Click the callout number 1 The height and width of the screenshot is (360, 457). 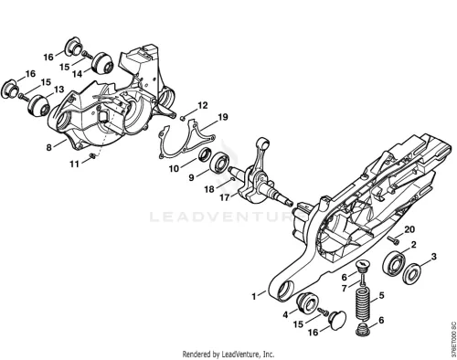254,296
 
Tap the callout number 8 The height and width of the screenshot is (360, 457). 49,147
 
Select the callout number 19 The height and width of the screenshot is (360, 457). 223,117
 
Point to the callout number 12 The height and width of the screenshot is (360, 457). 203,105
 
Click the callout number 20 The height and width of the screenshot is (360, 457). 409,229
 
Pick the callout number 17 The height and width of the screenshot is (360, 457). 225,197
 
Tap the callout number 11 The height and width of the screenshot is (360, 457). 75,164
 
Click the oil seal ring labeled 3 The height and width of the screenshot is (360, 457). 411,274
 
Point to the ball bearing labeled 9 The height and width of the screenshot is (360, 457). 218,164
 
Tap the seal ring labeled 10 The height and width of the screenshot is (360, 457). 204,154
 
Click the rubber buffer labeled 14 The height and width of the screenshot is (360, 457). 102,63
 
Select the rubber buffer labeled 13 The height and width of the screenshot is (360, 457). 38,106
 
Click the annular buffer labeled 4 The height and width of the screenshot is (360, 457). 307,302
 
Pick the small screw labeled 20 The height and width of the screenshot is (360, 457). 394,240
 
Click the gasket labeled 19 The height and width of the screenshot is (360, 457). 187,140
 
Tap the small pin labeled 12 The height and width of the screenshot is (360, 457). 183,118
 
